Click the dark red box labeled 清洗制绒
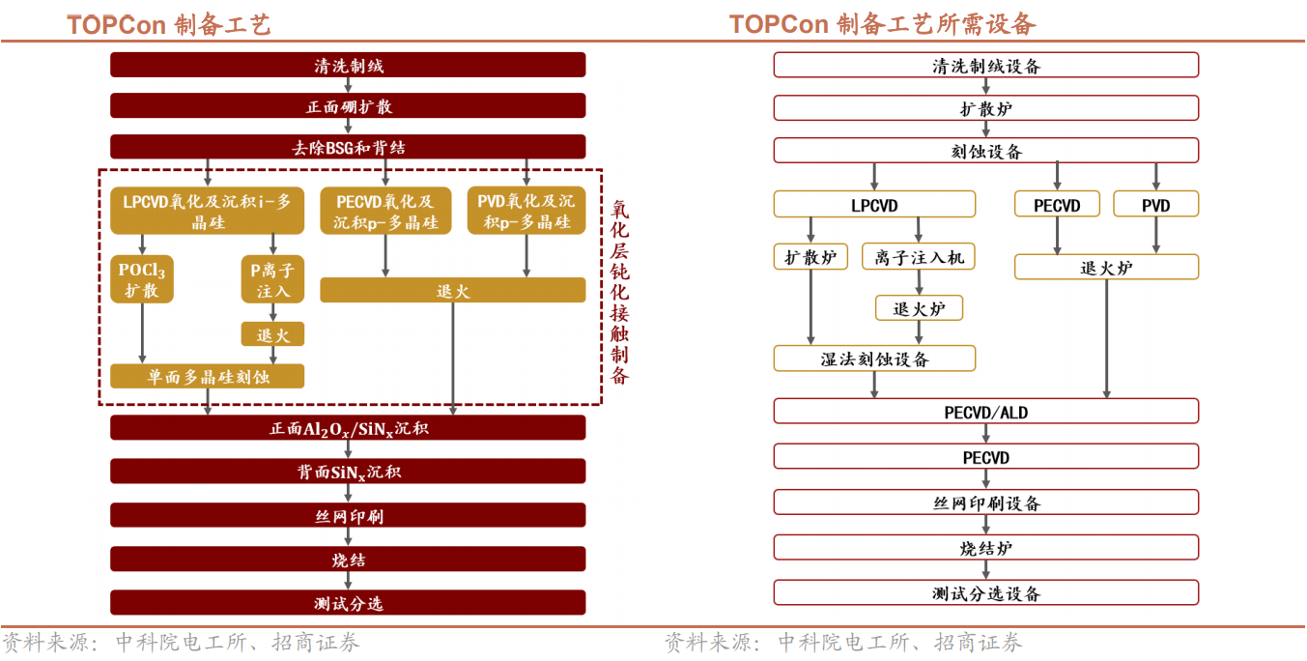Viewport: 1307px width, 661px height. [x=348, y=65]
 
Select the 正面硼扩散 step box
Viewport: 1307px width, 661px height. [x=348, y=106]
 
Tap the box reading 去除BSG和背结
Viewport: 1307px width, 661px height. [x=348, y=147]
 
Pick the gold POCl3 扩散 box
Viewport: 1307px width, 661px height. [x=142, y=279]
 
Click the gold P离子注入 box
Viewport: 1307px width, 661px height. [x=272, y=279]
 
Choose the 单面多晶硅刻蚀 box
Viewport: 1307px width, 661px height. [x=207, y=376]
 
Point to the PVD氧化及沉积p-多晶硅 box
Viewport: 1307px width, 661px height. [x=526, y=211]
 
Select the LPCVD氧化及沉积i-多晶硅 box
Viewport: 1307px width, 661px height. [x=207, y=211]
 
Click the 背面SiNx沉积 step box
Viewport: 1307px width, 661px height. [x=348, y=472]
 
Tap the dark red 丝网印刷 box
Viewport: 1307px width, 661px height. [x=348, y=515]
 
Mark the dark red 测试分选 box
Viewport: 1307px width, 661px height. [x=348, y=602]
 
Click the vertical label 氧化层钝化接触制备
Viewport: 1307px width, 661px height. [x=619, y=291]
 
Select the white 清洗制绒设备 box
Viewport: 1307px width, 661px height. [x=985, y=66]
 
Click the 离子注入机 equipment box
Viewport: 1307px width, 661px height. [x=919, y=257]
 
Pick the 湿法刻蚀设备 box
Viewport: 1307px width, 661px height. [x=874, y=359]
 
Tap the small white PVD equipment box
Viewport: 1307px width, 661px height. [x=1155, y=205]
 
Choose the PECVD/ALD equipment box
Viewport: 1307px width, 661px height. [x=985, y=412]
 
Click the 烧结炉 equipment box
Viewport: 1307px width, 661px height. [x=985, y=548]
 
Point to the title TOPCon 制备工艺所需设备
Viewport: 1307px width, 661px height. [x=882, y=23]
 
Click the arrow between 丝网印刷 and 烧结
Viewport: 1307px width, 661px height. [x=348, y=537]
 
